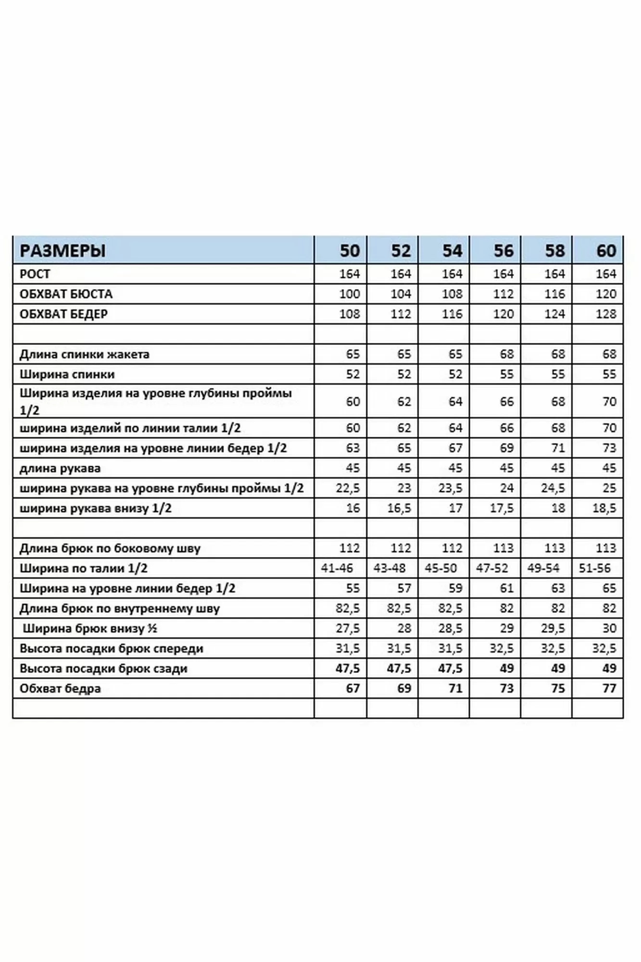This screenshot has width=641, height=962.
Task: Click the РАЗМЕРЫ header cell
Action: point(63,251)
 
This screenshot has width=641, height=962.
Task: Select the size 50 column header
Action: point(350,251)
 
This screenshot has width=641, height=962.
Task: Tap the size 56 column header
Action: point(503,251)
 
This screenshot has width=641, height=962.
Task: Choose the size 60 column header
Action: point(606,251)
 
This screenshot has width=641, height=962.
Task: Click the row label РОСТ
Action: point(35,274)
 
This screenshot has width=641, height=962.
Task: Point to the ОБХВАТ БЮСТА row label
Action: point(66,294)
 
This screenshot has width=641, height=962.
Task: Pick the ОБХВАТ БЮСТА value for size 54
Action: point(452,294)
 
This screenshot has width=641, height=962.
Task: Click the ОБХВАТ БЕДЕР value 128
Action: point(606,314)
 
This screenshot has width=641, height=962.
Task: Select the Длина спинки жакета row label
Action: point(84,354)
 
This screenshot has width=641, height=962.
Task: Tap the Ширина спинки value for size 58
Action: point(558,374)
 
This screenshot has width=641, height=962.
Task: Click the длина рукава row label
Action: point(60,468)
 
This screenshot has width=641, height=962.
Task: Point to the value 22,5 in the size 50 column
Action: point(348,488)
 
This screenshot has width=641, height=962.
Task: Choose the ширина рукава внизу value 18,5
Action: point(604,508)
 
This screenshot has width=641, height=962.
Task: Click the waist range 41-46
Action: point(337,568)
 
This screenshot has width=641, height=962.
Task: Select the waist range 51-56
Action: point(595,568)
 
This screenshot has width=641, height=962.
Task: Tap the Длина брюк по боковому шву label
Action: point(110,548)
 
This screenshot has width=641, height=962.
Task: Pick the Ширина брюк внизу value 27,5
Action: point(348,628)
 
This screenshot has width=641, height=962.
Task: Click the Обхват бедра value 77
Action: point(609,688)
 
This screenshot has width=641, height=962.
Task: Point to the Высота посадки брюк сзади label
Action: point(103,669)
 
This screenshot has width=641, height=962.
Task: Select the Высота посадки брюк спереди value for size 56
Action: point(502,648)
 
